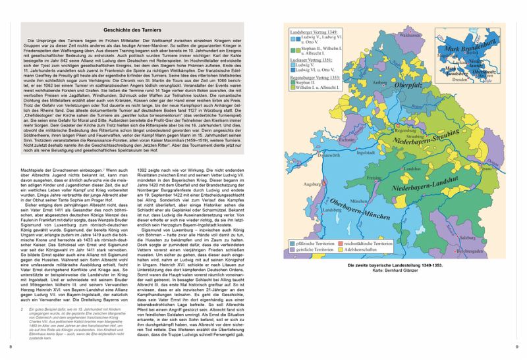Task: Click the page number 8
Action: (x=9, y=346)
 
